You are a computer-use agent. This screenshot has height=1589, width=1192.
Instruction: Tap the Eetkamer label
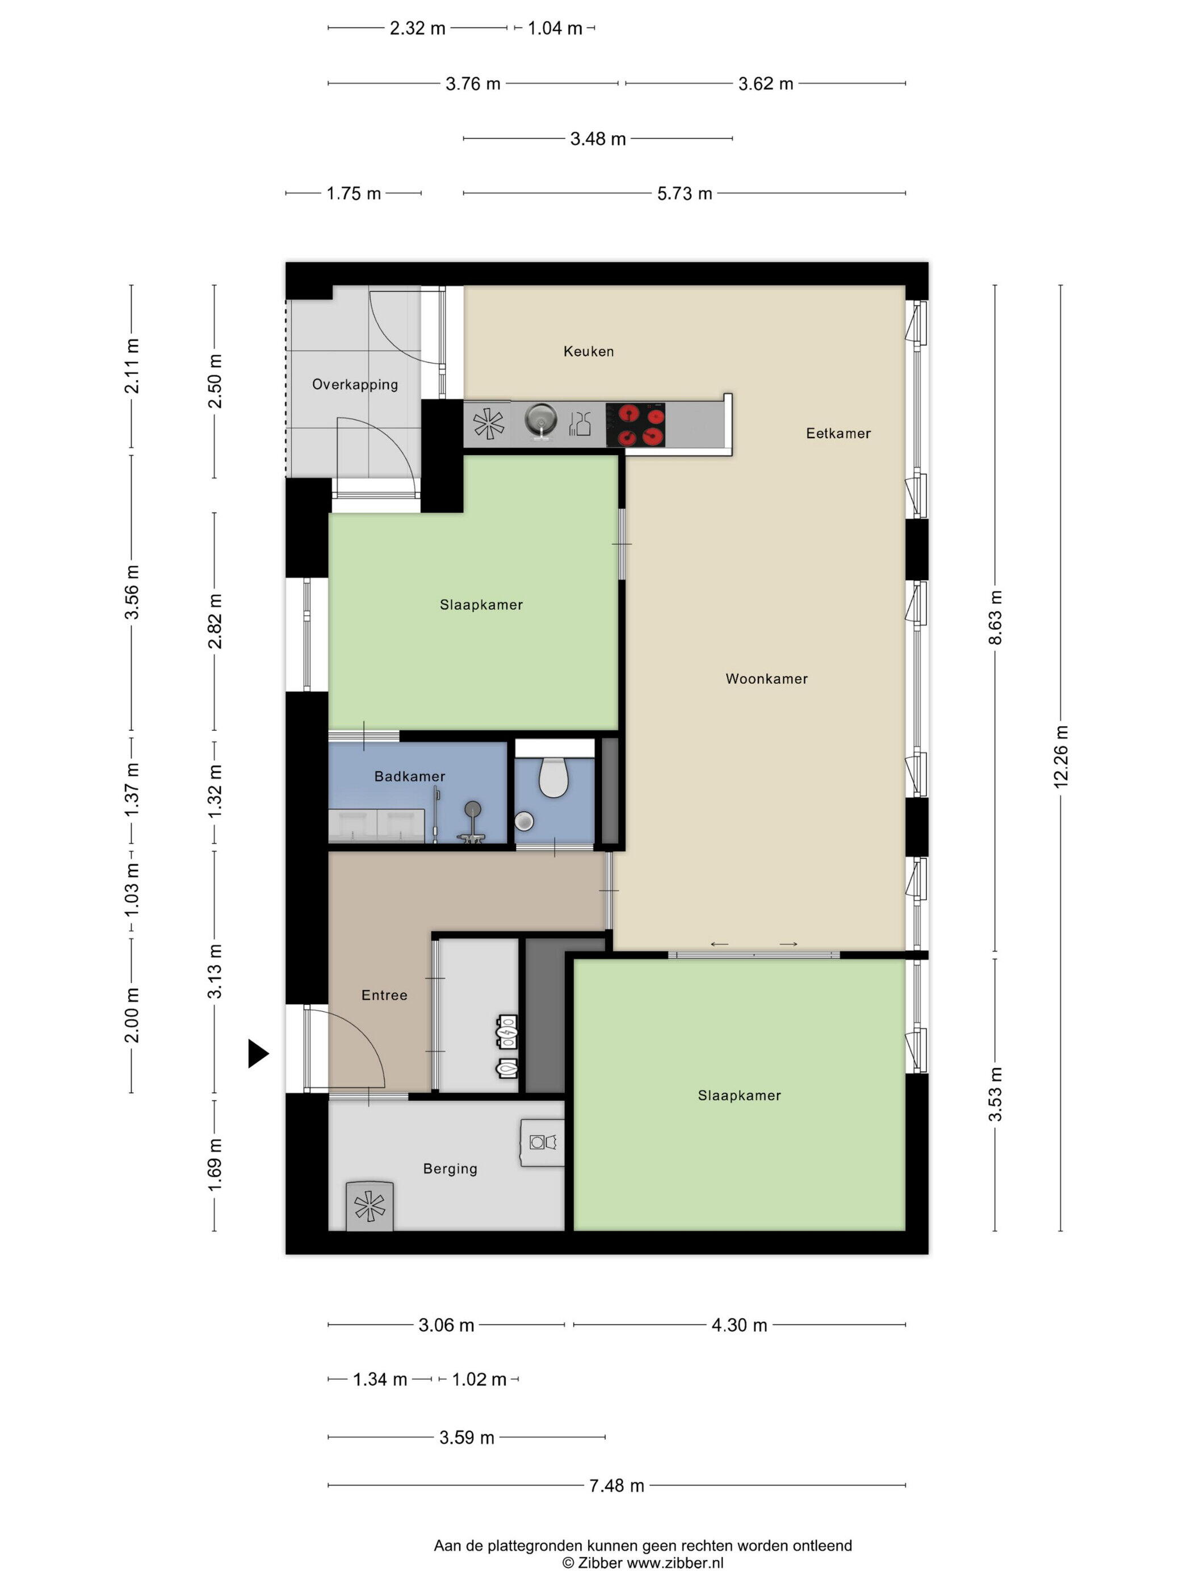[x=838, y=433]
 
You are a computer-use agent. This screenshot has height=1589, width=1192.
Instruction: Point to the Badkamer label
[x=410, y=776]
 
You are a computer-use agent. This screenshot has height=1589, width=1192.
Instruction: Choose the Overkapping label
[x=354, y=384]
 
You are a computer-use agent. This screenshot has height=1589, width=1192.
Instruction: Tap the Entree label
[x=384, y=995]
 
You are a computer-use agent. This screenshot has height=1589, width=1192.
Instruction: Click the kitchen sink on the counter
[x=540, y=421]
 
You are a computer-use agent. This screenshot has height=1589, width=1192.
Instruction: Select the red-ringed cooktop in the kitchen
[x=635, y=424]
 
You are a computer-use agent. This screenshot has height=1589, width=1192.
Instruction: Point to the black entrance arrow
[x=258, y=1054]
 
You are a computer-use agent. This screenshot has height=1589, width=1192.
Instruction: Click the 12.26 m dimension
[x=1060, y=756]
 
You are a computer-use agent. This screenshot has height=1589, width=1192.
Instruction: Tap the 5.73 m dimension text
[x=684, y=194]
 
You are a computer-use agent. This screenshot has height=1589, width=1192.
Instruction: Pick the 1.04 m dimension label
[x=555, y=28]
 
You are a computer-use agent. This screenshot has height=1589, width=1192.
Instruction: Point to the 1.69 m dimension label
[x=214, y=1165]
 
